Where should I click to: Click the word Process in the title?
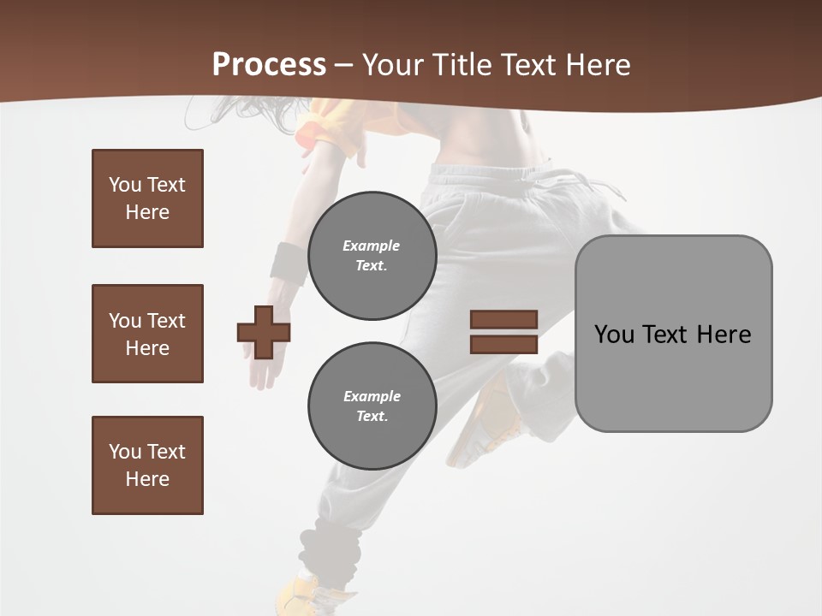click(x=269, y=65)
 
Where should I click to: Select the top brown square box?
click(x=147, y=198)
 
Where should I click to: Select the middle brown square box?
click(x=147, y=334)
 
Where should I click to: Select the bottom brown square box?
click(x=147, y=465)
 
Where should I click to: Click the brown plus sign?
click(x=264, y=332)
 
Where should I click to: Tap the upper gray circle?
click(x=372, y=255)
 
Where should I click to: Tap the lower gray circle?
click(x=372, y=406)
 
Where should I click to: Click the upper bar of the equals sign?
click(x=503, y=319)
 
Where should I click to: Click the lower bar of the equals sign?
click(x=503, y=344)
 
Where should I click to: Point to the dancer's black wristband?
click(x=289, y=262)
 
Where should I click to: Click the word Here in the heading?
click(x=597, y=65)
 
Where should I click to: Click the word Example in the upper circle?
click(x=372, y=246)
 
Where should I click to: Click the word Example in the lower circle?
click(x=372, y=396)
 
